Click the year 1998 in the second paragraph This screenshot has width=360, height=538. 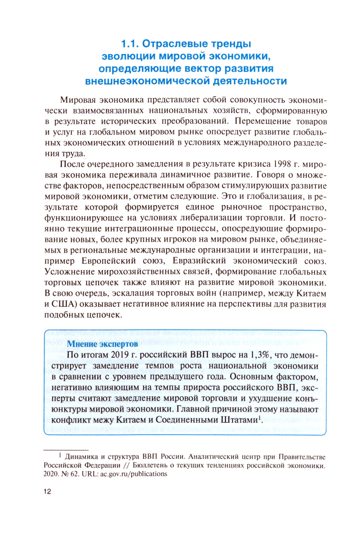pyautogui.click(x=283, y=164)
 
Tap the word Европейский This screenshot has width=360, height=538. pyautogui.click(x=108, y=260)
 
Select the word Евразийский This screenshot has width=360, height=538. pyautogui.click(x=199, y=260)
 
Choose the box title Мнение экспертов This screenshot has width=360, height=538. pyautogui.click(x=102, y=344)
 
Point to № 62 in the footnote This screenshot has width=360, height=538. pyautogui.click(x=70, y=474)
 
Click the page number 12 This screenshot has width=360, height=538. pyautogui.click(x=47, y=492)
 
